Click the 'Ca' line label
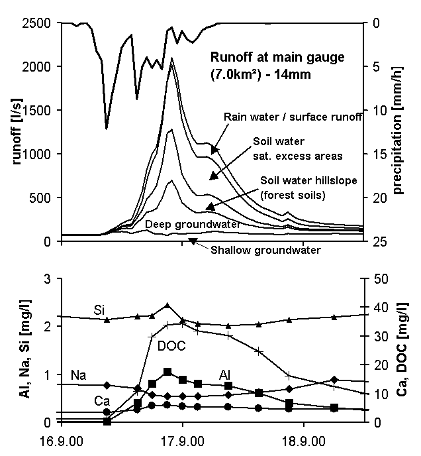101,401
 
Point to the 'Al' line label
226,374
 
